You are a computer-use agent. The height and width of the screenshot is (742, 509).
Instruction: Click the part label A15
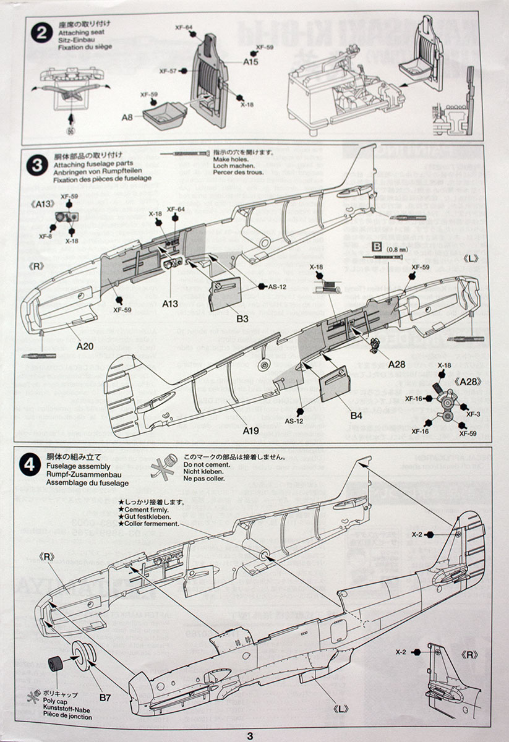pyautogui.click(x=250, y=62)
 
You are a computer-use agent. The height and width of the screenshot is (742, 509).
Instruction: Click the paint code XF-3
pyautogui.click(x=474, y=414)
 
